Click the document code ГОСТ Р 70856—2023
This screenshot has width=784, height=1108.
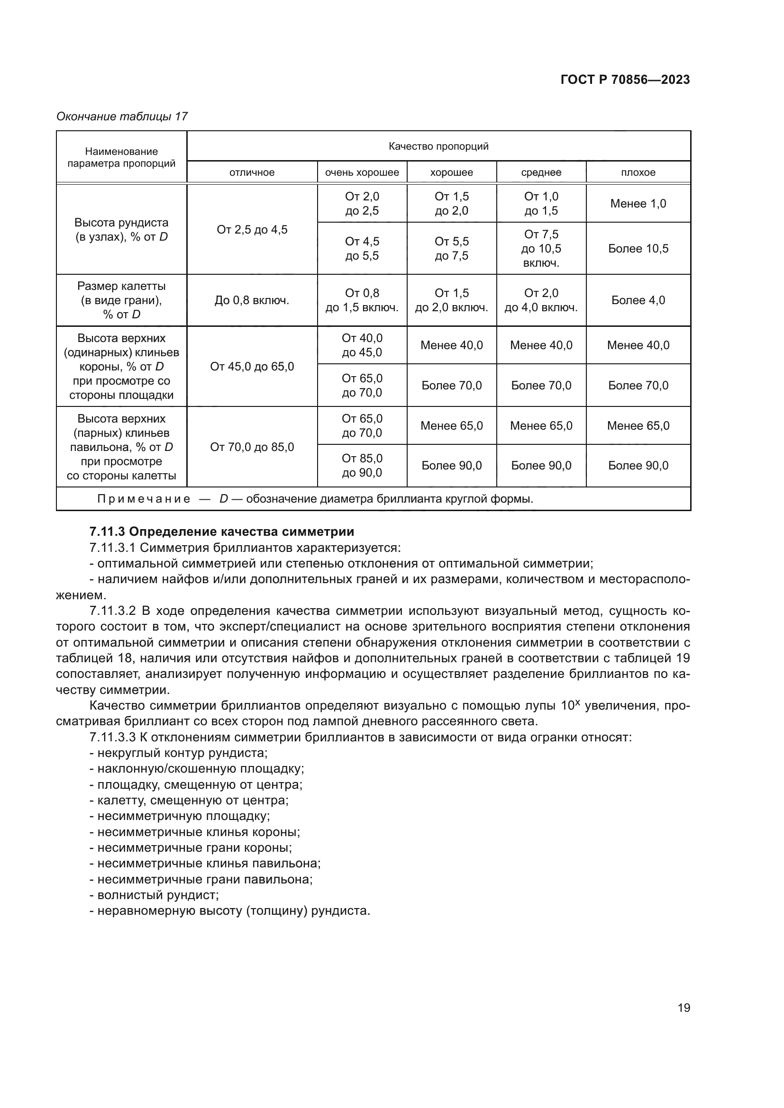click(x=625, y=80)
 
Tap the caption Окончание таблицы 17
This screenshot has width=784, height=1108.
click(x=122, y=117)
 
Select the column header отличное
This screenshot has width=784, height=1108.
click(x=252, y=172)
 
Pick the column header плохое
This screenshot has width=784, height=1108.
click(x=638, y=172)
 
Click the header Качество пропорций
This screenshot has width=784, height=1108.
click(x=438, y=146)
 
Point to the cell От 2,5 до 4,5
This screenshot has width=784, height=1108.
click(x=252, y=230)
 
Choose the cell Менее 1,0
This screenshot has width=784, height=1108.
click(x=638, y=204)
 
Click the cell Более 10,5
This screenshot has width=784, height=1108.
click(x=638, y=249)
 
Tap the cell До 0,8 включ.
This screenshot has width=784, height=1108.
click(x=252, y=301)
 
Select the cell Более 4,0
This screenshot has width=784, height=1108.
click(x=638, y=300)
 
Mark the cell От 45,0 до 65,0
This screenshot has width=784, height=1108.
click(x=252, y=367)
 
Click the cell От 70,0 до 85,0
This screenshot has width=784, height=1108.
click(x=252, y=447)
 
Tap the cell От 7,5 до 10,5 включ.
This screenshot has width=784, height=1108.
click(x=541, y=249)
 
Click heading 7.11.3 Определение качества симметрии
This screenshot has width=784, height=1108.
click(x=221, y=532)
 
